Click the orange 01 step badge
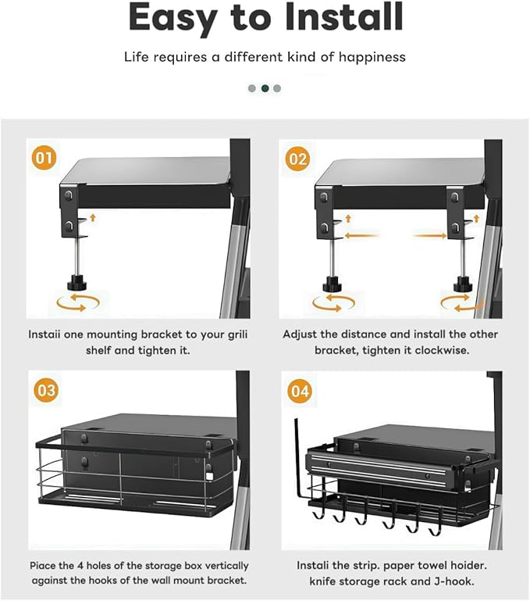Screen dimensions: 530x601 point(44,158)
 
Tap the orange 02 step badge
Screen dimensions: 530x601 point(297,159)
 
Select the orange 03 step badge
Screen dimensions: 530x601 point(46,390)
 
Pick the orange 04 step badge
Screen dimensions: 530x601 point(300,392)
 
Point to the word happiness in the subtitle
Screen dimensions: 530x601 point(372,57)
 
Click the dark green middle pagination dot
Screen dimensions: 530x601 point(265,88)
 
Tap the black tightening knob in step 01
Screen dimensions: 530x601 point(77,284)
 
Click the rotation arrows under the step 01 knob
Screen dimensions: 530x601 point(78,302)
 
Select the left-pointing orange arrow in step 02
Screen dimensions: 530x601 point(362,236)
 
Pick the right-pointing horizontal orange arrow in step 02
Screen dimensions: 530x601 point(429,236)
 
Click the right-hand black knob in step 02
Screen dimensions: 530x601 point(463,284)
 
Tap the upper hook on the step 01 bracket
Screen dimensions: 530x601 point(68,195)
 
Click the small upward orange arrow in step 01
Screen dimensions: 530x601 point(92,218)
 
